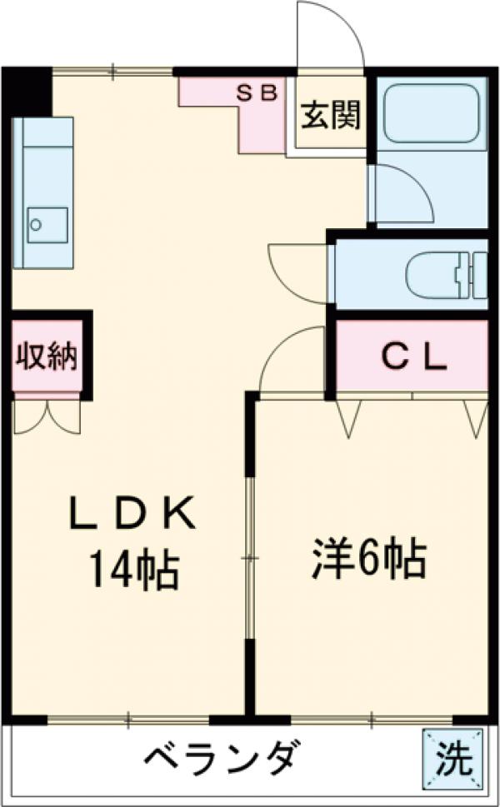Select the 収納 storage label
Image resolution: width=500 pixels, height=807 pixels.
[x=47, y=356]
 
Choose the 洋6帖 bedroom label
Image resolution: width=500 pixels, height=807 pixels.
[x=370, y=560]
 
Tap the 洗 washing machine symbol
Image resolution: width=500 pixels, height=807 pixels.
[x=453, y=756]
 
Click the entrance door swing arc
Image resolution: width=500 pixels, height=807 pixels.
[x=330, y=33]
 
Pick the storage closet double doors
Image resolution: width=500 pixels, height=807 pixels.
[x=47, y=416]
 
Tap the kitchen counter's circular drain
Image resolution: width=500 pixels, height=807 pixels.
[x=36, y=223]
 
